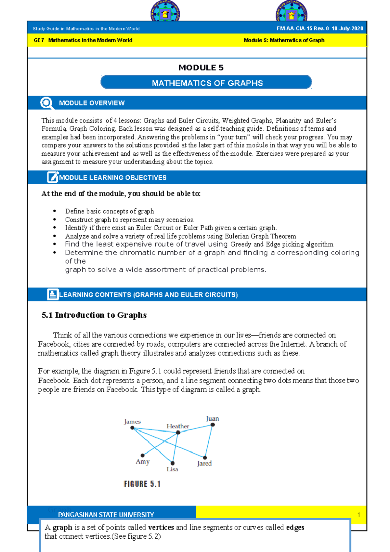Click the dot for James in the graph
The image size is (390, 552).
(x=132, y=428)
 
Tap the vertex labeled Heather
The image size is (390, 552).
(x=178, y=432)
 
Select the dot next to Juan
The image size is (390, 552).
(x=213, y=425)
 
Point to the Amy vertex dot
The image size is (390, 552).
(x=142, y=455)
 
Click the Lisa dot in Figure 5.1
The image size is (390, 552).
(x=173, y=463)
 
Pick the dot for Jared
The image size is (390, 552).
(x=205, y=458)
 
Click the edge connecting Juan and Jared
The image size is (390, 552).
(x=209, y=441)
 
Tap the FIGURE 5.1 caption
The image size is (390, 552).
(x=142, y=484)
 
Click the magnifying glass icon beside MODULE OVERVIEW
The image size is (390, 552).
(x=46, y=103)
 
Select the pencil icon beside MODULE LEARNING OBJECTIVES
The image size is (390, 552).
(x=53, y=177)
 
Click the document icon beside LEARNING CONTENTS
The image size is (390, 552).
(x=53, y=294)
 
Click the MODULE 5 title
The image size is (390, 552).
(x=201, y=68)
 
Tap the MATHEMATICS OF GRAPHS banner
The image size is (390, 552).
(x=207, y=83)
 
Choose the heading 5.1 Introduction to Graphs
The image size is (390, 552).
(x=94, y=315)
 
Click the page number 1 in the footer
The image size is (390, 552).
(x=358, y=515)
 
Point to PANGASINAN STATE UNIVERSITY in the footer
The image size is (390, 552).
(x=106, y=515)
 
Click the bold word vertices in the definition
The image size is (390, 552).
(x=161, y=527)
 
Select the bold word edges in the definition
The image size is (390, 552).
(x=295, y=527)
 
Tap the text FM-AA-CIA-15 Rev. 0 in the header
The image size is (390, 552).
(x=303, y=29)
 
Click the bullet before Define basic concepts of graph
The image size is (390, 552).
(x=55, y=211)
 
